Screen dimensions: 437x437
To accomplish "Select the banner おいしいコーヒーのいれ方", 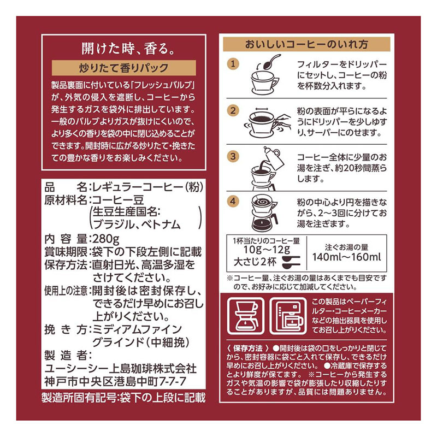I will pyautogui.click(x=307, y=43).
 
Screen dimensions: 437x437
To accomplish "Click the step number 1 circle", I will pyautogui.click(x=234, y=64).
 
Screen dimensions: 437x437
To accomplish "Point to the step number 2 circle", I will pyautogui.click(x=234, y=110).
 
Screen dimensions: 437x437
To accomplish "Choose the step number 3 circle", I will pyautogui.click(x=234, y=156).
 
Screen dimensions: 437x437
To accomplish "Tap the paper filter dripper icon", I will pyautogui.click(x=245, y=315).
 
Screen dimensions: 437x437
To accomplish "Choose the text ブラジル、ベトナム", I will pyautogui.click(x=137, y=225).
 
